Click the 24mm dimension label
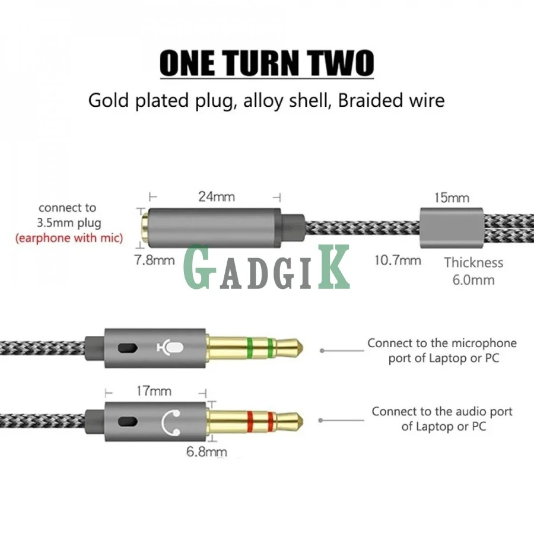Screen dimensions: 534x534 [217, 197]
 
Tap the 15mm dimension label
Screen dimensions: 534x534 [452, 198]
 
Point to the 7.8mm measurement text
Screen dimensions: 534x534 [155, 260]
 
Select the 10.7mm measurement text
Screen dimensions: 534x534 [398, 260]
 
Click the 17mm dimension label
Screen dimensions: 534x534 [154, 391]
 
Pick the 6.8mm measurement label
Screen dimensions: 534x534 [206, 452]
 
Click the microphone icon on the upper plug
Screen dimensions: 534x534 [171, 348]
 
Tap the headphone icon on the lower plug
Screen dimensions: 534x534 [171, 422]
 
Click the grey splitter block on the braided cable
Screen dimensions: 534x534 [452, 228]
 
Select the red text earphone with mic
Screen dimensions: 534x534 [69, 238]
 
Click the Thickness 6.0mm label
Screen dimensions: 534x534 [473, 271]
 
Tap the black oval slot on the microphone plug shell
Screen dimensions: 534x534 [128, 348]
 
